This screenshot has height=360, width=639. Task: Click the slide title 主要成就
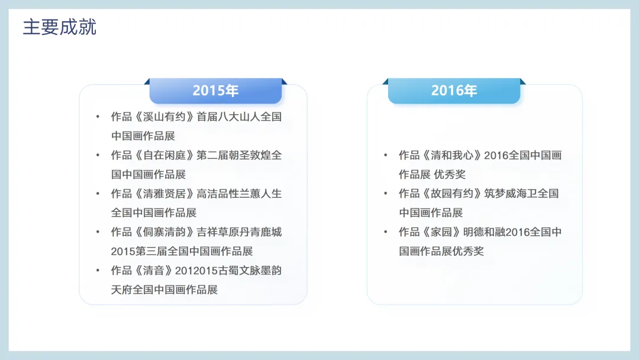[60, 27]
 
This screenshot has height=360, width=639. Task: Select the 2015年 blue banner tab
[215, 91]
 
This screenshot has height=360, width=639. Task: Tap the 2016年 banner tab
[454, 91]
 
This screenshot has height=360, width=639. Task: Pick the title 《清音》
[154, 271]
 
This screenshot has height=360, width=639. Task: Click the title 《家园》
[441, 232]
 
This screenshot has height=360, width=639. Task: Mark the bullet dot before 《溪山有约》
[98, 117]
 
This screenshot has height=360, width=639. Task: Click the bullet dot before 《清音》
[98, 270]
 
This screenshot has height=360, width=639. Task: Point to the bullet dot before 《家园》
[386, 232]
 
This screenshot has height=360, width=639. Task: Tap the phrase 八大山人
[239, 117]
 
